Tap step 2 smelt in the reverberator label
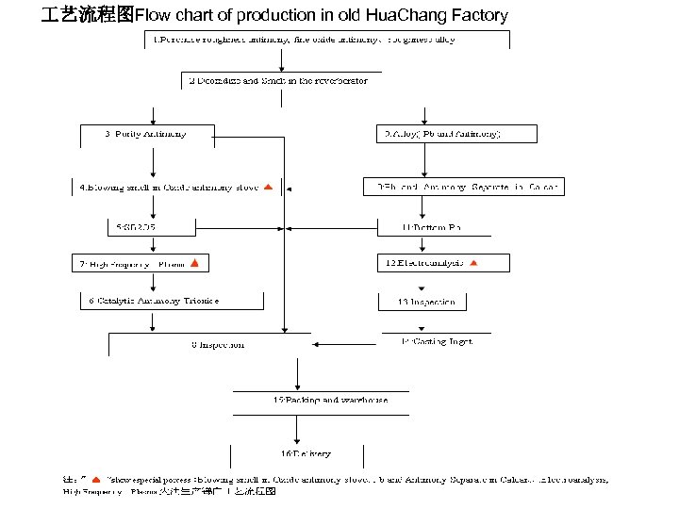click(x=279, y=82)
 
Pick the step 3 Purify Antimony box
click(x=145, y=134)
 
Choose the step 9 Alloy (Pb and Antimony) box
click(x=443, y=134)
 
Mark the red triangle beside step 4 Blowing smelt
click(x=268, y=188)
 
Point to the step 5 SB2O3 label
click(x=138, y=227)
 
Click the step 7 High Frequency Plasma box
click(x=132, y=264)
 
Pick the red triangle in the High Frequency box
click(x=193, y=263)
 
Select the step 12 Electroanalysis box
click(x=424, y=263)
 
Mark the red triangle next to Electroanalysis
click(x=474, y=263)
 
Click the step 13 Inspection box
click(x=424, y=302)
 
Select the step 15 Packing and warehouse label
click(x=330, y=400)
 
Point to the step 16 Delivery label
click(x=306, y=453)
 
